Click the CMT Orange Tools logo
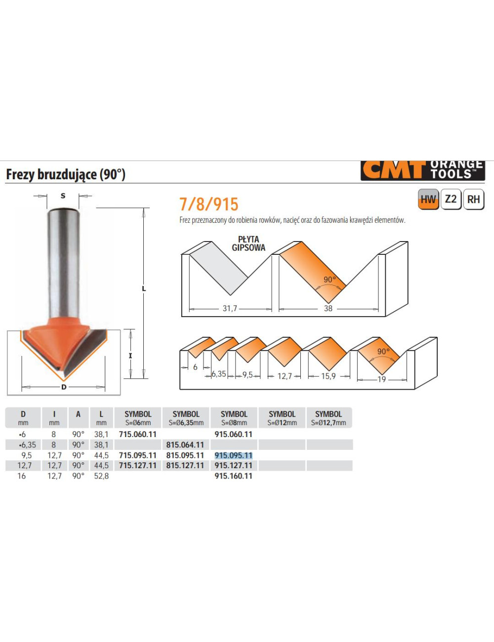coord(422,170)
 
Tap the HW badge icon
coord(428,200)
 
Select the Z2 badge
coord(451,200)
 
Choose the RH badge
coord(474,200)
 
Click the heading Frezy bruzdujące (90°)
coord(66,174)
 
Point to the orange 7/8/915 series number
coord(209,204)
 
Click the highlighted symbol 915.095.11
coord(233,455)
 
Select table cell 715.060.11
coord(138,434)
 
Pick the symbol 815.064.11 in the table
coord(185,444)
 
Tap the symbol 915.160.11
coord(233,476)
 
